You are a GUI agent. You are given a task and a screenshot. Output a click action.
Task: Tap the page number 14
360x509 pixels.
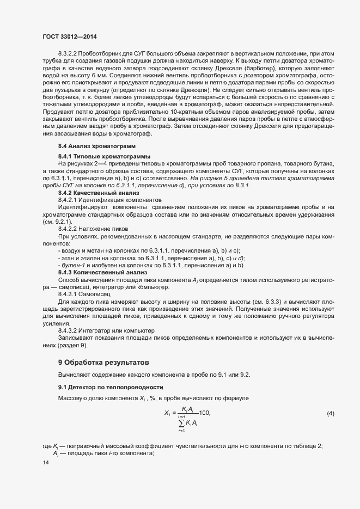pos(45,463)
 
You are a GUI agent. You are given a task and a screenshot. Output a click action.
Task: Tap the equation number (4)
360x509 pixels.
pos(330,414)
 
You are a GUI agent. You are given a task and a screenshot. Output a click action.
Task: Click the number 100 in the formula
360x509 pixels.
pos(205,413)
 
